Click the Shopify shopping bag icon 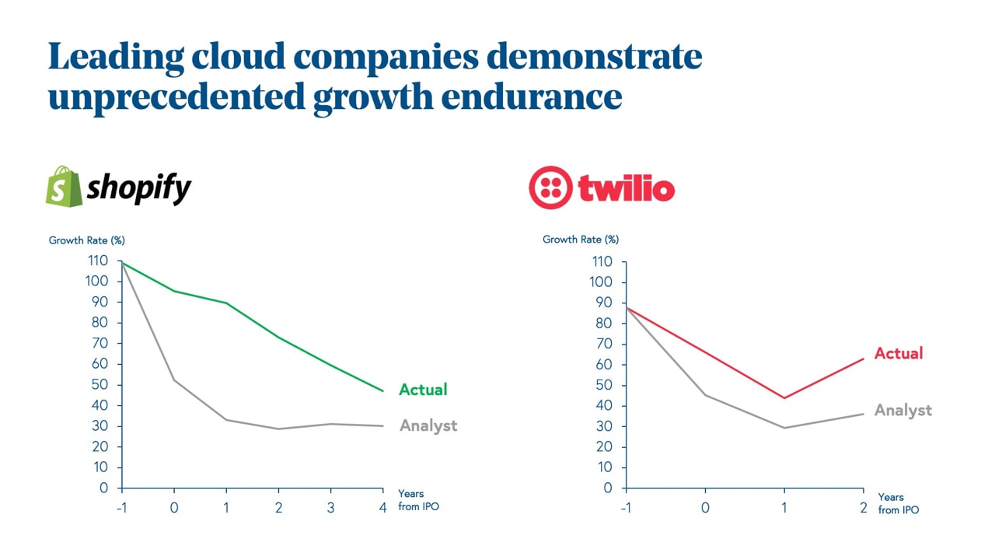(x=63, y=186)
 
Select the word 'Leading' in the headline (x=116, y=57)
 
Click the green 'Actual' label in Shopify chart (x=423, y=390)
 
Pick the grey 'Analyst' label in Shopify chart (x=428, y=425)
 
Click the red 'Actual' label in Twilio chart (x=898, y=353)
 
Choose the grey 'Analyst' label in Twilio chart (x=902, y=410)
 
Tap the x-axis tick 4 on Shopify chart (x=383, y=507)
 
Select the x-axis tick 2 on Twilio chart (x=863, y=507)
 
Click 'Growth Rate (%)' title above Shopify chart (x=86, y=240)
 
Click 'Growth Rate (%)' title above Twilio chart (x=581, y=240)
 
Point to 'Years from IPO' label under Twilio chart (x=898, y=503)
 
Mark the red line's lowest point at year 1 (x=784, y=398)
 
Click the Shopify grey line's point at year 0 (x=173, y=380)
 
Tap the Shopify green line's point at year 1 (x=226, y=303)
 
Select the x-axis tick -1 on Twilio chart (x=625, y=507)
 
